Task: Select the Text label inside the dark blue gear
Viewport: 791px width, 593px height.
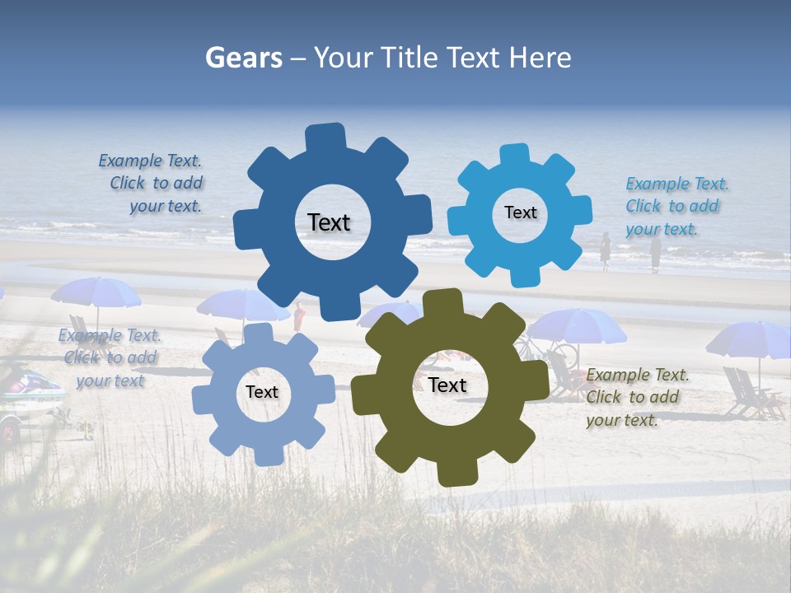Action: (x=329, y=222)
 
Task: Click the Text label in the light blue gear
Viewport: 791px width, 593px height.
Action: (x=520, y=212)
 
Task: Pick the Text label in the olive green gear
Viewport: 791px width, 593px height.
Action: (x=447, y=385)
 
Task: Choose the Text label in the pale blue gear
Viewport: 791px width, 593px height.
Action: (x=262, y=392)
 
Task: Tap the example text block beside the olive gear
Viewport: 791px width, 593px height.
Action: (x=637, y=397)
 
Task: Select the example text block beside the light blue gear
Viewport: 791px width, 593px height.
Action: (x=676, y=206)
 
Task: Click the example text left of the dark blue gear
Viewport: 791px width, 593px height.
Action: (x=154, y=183)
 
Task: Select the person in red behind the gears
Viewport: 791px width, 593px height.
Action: (x=299, y=316)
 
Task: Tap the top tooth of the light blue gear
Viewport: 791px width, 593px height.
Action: (x=516, y=156)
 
